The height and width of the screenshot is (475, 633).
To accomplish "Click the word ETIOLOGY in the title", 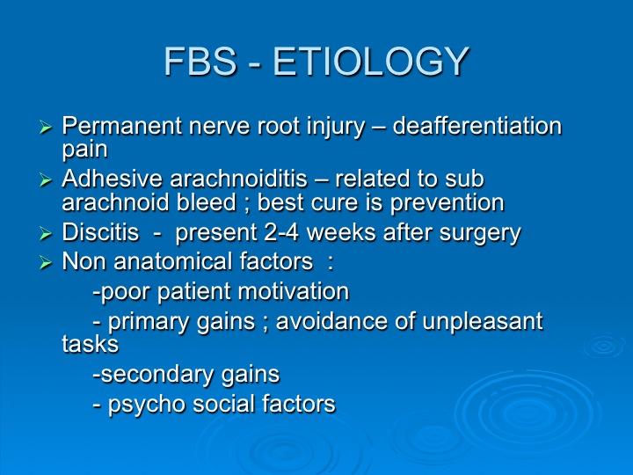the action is tap(371, 61).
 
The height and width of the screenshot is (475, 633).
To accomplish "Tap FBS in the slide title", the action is tap(200, 61).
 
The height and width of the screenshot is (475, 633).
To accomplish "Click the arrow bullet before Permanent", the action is tap(46, 128).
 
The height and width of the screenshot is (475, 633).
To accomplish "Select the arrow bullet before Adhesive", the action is tap(46, 179).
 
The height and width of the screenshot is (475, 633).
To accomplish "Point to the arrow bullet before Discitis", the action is tap(46, 233).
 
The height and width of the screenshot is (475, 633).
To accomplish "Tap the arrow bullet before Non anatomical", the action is tap(46, 263).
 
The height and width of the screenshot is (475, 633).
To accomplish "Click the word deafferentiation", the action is tap(477, 126).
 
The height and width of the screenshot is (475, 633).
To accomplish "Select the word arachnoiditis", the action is tap(238, 178).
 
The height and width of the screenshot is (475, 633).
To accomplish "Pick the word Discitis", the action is tap(100, 232).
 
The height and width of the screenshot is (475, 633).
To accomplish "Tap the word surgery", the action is tap(480, 234).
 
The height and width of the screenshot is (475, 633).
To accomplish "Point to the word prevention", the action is tap(447, 203).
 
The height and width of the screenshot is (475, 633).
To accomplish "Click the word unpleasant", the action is tap(483, 322).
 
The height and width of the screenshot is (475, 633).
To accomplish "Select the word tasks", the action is tap(90, 344).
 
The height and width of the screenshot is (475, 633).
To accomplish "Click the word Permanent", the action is tap(122, 126).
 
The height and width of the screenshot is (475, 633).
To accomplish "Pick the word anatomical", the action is tap(173, 261).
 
